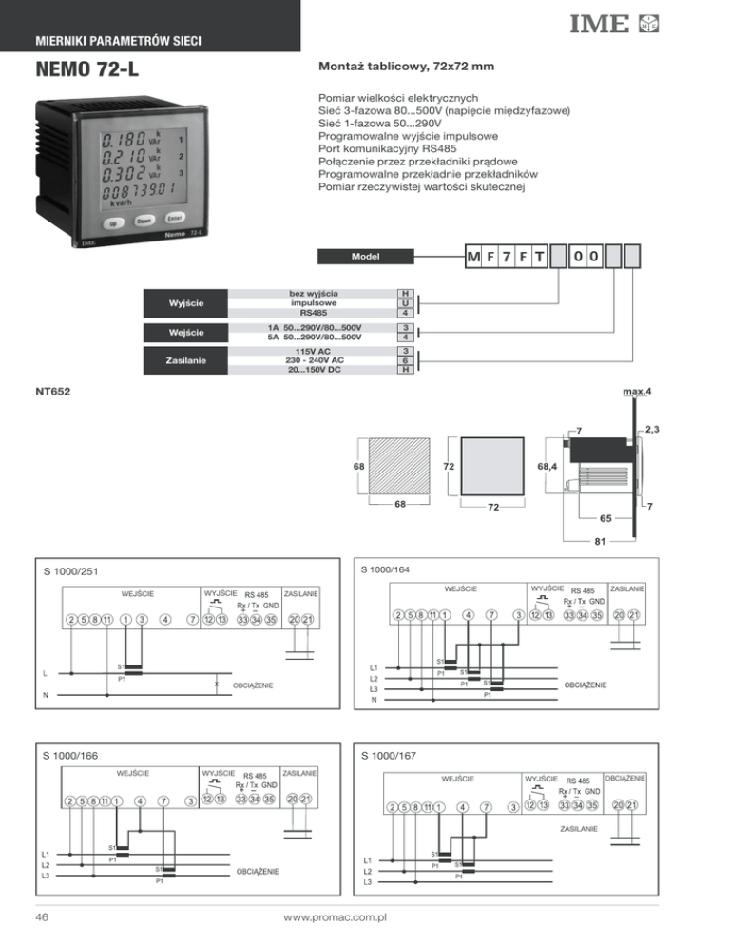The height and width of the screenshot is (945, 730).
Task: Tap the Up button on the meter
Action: coord(113,225)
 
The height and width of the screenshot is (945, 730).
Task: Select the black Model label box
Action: coord(367,255)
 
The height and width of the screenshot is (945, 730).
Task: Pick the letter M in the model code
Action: coord(473,258)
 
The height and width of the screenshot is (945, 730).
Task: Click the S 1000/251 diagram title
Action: coord(74,572)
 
